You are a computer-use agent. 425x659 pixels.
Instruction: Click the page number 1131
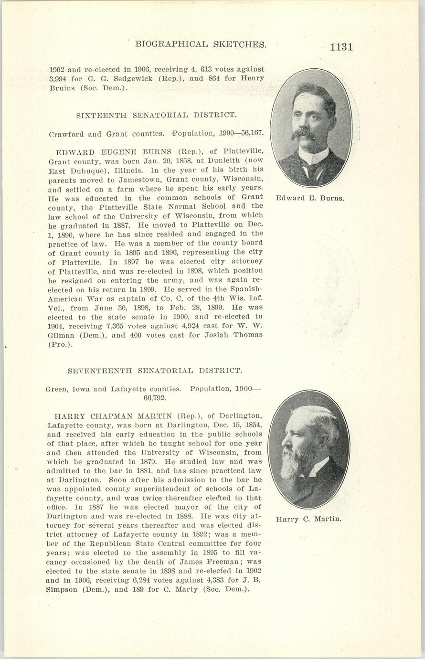coord(341,47)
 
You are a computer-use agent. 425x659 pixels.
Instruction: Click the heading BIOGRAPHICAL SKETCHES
coord(201,44)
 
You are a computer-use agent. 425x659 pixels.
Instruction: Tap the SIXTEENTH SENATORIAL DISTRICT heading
coord(156,115)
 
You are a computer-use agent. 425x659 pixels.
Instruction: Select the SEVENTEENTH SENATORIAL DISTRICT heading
coord(155,371)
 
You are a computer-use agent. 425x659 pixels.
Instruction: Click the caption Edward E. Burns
coord(310,198)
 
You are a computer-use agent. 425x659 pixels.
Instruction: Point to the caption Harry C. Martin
coord(308,519)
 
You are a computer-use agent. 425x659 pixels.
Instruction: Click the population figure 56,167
coord(251,134)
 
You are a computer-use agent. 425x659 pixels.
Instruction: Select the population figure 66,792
coord(155,397)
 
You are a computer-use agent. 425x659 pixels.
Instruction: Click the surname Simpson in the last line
coord(65,589)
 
